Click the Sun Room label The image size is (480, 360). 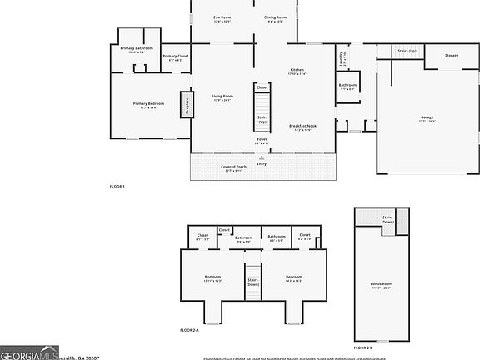click(222, 17)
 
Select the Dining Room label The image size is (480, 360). click(276, 17)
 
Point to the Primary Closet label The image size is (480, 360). click(175, 57)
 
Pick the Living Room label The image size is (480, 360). click(222, 97)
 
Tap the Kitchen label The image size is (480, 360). click(297, 71)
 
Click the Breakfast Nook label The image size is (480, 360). click(300, 127)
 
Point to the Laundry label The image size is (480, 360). click(342, 58)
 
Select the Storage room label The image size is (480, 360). click(451, 56)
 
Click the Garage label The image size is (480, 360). click(427, 118)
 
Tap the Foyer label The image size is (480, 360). click(262, 141)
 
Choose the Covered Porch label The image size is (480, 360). click(233, 167)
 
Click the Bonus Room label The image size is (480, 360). click(382, 284)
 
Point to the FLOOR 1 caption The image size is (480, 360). click(117, 186)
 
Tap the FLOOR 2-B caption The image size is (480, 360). click(363, 347)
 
